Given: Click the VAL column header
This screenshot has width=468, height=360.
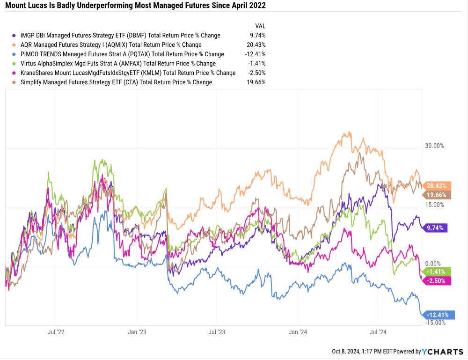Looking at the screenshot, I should coord(260,26).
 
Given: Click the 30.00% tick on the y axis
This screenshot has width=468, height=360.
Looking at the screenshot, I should coord(434,146).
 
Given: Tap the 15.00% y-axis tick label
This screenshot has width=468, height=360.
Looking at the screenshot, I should coord(434,205).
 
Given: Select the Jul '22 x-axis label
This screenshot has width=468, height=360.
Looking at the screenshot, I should coord(56,332).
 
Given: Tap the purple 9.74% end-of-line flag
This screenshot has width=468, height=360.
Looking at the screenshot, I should coord(436,228).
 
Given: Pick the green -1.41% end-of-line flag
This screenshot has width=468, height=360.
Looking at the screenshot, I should coord(437,272).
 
